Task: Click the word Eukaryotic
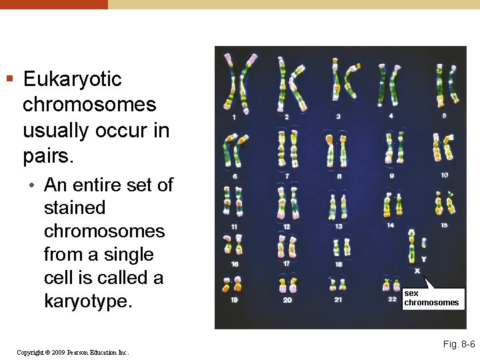pos(72,79)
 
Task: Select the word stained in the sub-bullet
pos(75,208)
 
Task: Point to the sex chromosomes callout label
pos(431,298)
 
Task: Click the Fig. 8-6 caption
pos(459,344)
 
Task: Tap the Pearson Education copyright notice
pos(73,352)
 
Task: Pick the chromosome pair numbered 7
pos(288,149)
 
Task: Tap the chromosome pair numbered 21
pos(338,283)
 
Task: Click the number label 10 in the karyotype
pos(444,175)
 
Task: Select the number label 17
pos(286,263)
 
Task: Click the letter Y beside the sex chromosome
pos(424,259)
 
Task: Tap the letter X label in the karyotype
pos(417,271)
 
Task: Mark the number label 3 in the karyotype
pos(338,116)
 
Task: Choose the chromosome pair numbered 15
pos(443,203)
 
